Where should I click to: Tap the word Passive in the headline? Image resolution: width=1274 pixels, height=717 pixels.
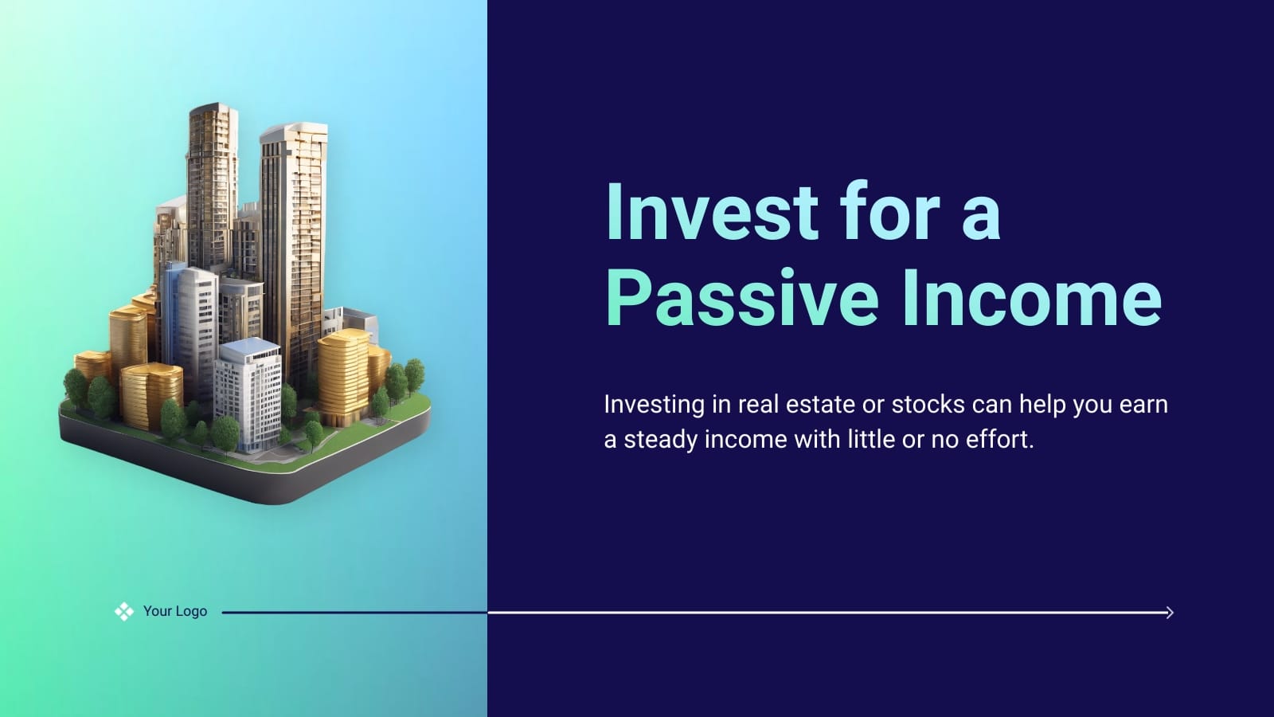pyautogui.click(x=741, y=298)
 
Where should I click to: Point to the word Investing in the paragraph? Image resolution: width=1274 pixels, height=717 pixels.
pyautogui.click(x=654, y=406)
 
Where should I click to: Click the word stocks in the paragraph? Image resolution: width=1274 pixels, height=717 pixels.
pyautogui.click(x=928, y=405)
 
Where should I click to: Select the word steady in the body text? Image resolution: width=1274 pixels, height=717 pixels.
pyautogui.click(x=660, y=440)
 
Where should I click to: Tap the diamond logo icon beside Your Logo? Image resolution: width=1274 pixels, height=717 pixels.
pyautogui.click(x=124, y=612)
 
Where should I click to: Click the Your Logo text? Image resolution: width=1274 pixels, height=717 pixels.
pyautogui.click(x=175, y=611)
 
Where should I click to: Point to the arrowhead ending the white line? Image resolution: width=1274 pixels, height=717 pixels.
pyautogui.click(x=1169, y=613)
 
